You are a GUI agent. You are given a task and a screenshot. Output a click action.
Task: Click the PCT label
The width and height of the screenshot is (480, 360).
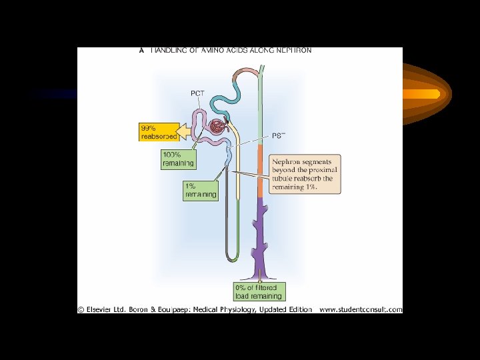coord(198,92)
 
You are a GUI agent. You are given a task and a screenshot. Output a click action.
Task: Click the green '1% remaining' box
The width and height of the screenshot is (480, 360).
coord(200,190)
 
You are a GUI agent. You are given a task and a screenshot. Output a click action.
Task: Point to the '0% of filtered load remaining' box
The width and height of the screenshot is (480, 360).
coord(259,291)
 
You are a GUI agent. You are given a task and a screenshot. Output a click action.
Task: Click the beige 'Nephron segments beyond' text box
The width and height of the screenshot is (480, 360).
coord(305,174)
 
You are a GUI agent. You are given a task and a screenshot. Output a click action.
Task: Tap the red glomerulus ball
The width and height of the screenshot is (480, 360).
coord(217,127)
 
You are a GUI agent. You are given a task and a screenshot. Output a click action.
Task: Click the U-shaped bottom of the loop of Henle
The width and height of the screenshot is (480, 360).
coord(232,257)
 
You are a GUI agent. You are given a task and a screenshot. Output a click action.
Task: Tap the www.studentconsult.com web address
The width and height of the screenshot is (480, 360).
coord(361,309)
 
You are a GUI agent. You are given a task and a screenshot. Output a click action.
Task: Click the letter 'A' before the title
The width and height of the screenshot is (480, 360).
coord(141,50)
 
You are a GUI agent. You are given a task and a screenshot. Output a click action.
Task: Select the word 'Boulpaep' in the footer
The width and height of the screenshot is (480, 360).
coord(174,309)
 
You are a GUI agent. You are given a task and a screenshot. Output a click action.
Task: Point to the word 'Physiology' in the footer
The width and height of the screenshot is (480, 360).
coord(245,309)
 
